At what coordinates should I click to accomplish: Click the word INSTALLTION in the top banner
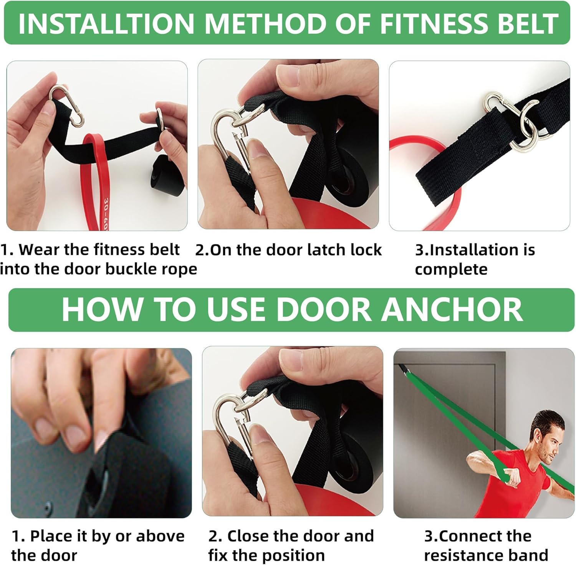(106, 24)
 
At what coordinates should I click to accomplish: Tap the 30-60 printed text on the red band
(106, 213)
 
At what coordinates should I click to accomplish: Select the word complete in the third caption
(451, 269)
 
